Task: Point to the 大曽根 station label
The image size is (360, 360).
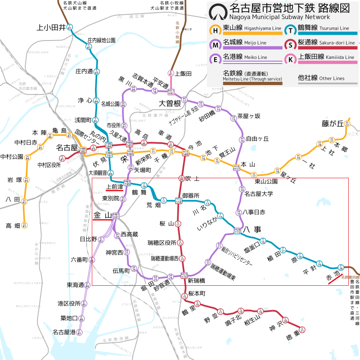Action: pos(169,103)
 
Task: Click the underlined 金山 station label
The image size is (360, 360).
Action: pos(102,216)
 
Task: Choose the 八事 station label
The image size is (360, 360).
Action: pos(253,229)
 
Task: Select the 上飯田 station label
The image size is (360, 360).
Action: pos(183,73)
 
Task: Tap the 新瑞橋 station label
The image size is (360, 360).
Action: pos(197,281)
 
